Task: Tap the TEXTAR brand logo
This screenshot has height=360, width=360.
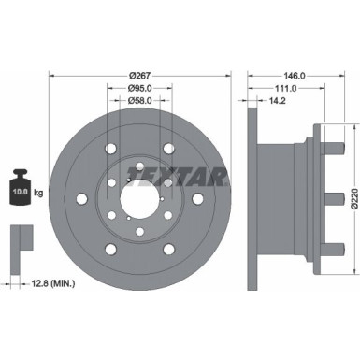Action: coord(188,175)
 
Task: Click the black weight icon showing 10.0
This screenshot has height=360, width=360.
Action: coord(18,191)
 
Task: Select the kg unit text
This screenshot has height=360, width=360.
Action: coord(38,194)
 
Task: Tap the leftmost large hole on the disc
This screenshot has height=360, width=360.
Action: coord(82,198)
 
